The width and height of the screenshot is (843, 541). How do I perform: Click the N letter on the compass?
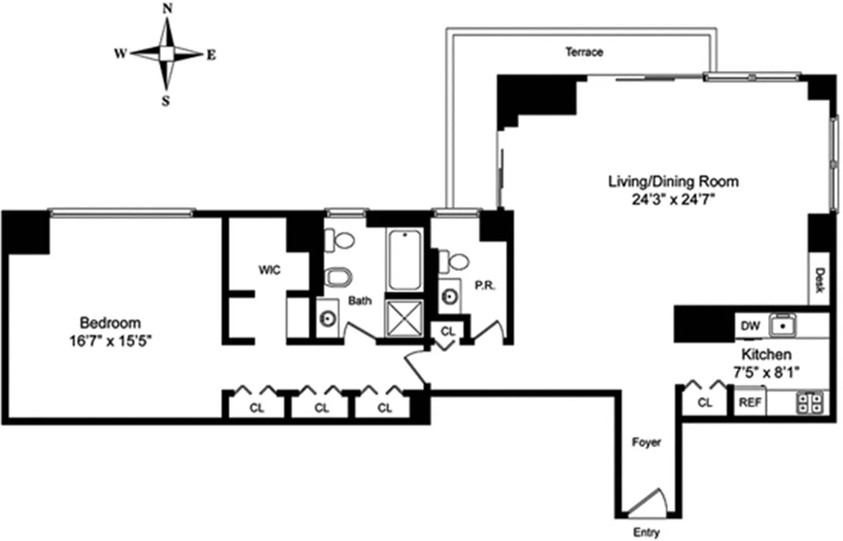click(167, 8)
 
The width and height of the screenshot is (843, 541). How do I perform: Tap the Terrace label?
click(584, 52)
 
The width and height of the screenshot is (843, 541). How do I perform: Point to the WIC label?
click(269, 270)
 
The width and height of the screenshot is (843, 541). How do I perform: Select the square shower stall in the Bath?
click(404, 317)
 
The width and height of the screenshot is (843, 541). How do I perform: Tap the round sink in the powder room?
click(450, 296)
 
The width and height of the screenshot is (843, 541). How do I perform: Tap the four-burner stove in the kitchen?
click(811, 402)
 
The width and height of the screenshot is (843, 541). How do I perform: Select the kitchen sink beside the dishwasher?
click(784, 326)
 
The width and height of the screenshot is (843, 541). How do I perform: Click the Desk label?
click(819, 277)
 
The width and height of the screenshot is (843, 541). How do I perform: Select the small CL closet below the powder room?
click(448, 332)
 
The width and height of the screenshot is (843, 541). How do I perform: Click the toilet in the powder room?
click(455, 261)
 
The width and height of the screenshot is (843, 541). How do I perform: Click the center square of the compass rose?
click(167, 53)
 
